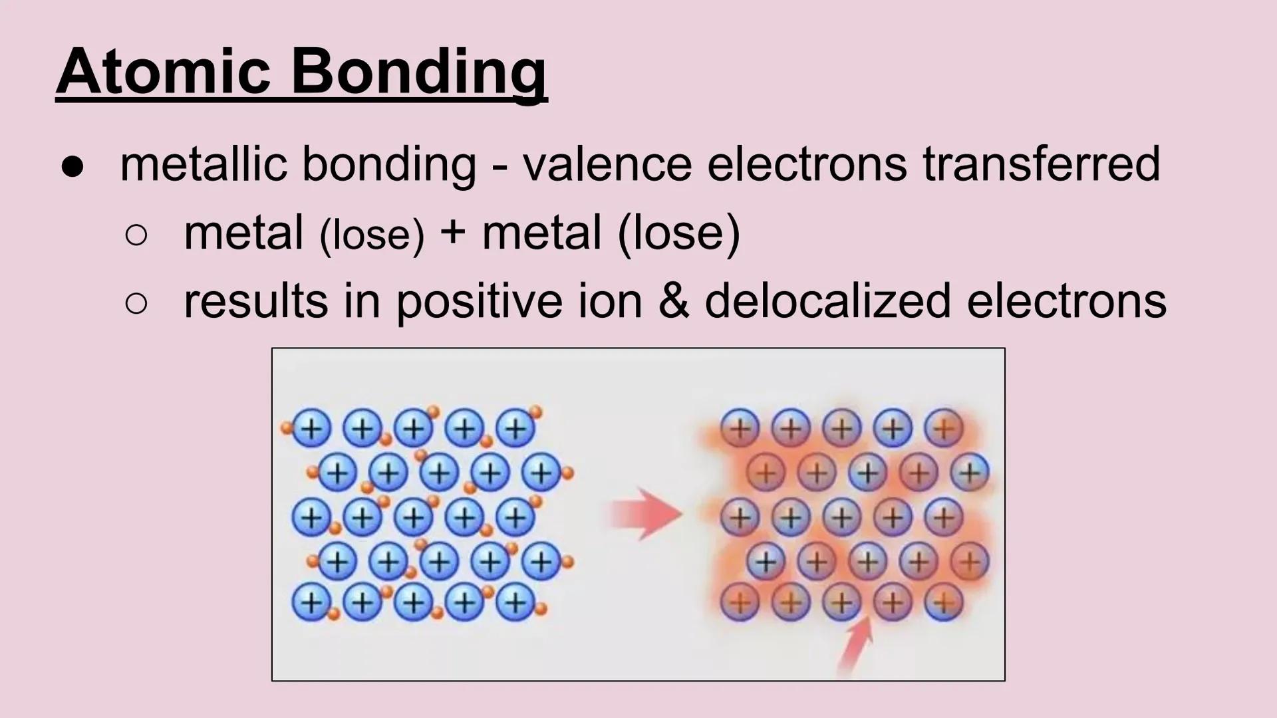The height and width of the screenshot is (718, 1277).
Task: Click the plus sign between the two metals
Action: [452, 233]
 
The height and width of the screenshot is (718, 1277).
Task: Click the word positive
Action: [480, 301]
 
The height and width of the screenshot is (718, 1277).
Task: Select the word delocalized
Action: [827, 300]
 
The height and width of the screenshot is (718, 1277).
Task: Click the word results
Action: [255, 300]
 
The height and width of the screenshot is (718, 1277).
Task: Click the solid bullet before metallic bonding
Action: [72, 166]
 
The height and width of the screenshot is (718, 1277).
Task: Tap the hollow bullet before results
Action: [136, 303]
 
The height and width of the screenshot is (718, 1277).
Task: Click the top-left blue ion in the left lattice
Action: [311, 428]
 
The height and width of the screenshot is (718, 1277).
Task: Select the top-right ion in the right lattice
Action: [943, 427]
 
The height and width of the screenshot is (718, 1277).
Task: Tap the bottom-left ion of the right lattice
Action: [740, 603]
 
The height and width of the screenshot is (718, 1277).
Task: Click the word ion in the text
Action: [610, 300]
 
